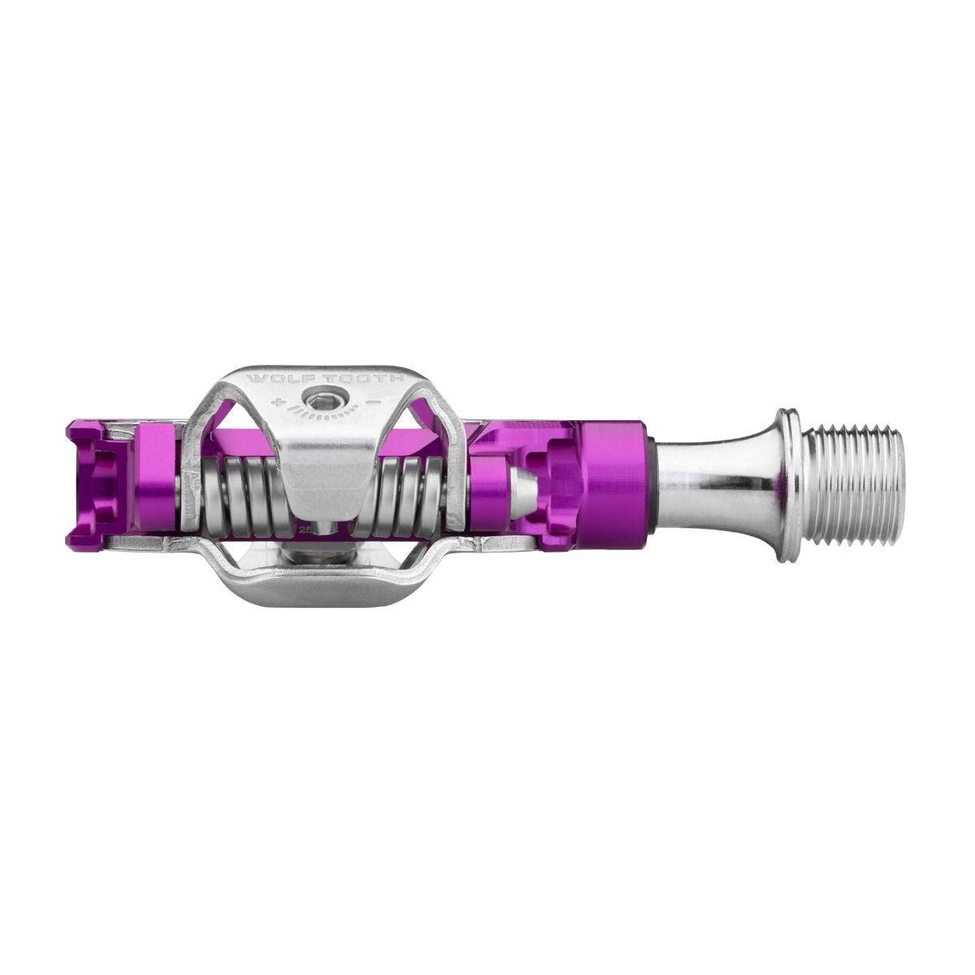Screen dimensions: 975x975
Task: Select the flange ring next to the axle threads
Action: (x=785, y=485)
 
